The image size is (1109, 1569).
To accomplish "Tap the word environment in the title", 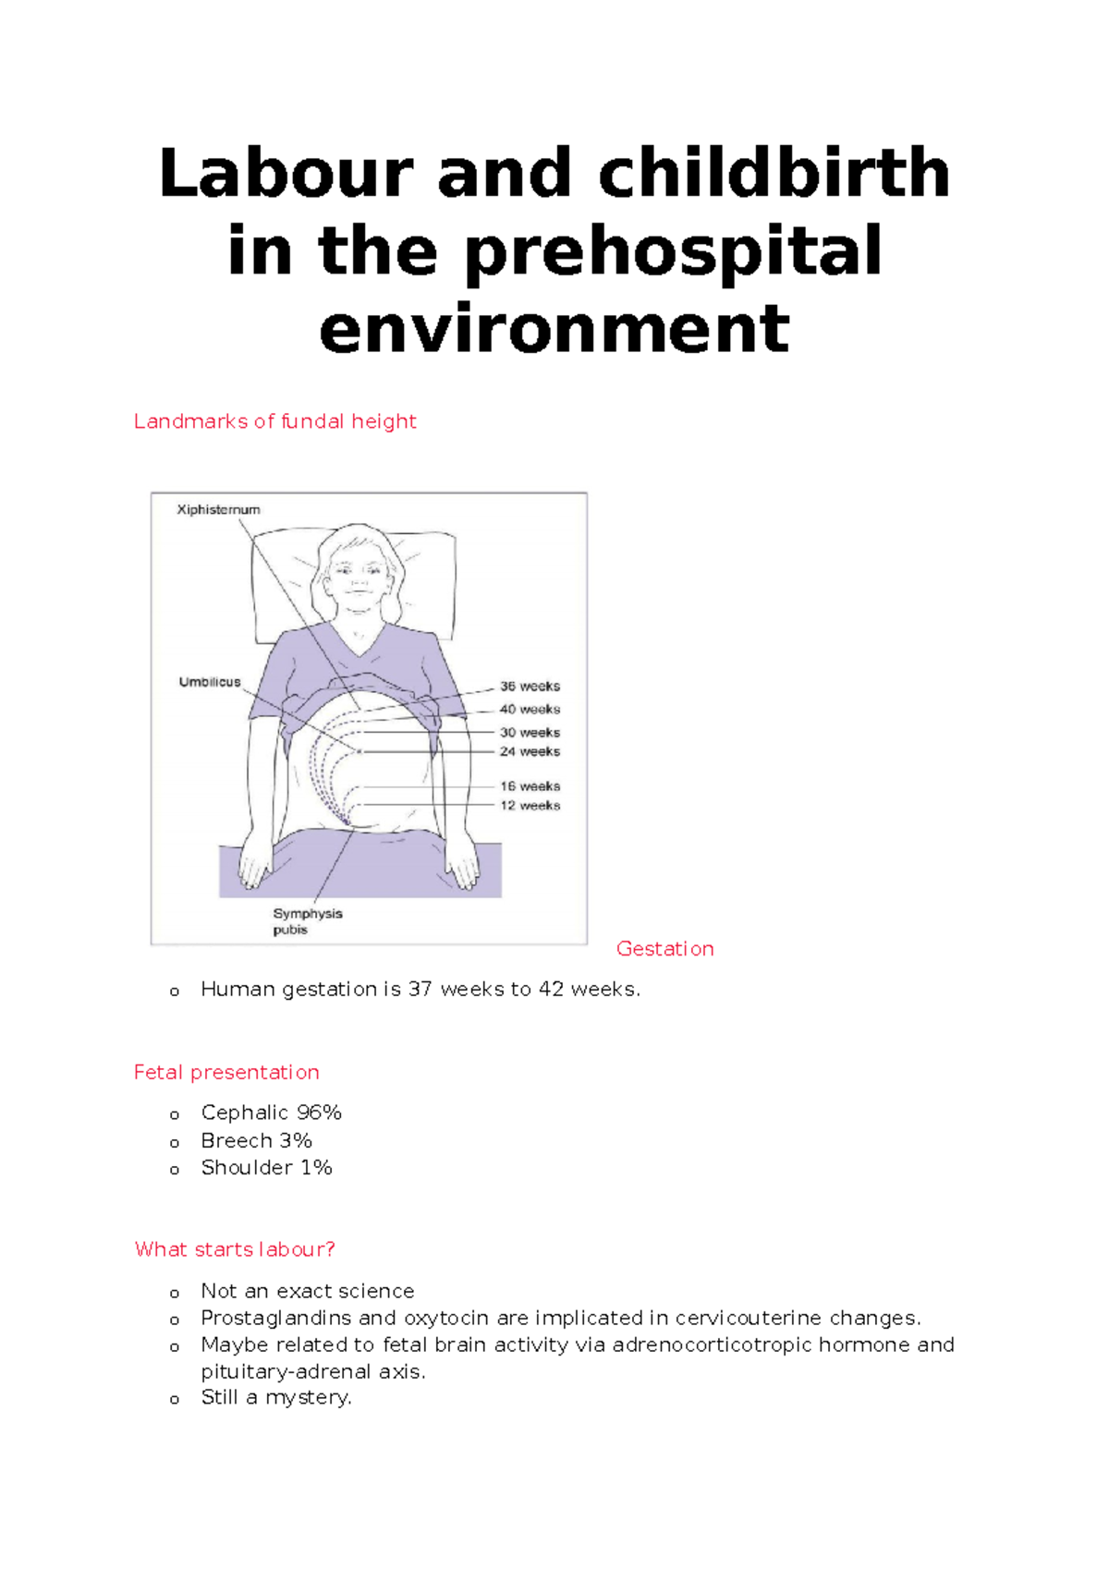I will [554, 329].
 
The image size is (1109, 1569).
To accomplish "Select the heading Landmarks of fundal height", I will [274, 421].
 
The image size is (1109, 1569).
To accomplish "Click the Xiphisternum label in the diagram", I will [218, 509].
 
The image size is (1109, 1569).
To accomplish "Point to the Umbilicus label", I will [210, 682].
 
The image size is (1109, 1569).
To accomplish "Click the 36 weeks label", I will [530, 687].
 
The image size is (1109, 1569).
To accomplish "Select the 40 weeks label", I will [530, 710].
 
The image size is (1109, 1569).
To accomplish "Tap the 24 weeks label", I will [530, 751].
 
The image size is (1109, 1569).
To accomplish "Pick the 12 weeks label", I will [530, 806].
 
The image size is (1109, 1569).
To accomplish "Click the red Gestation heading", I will [664, 949].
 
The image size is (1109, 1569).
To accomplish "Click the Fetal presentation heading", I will [226, 1073].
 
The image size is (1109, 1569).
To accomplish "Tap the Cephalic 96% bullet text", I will [271, 1113].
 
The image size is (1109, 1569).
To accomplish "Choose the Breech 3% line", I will [256, 1140].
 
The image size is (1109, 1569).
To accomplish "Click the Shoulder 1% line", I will [266, 1168].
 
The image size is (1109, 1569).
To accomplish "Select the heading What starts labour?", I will [235, 1249].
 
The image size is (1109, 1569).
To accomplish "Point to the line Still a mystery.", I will [275, 1397].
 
